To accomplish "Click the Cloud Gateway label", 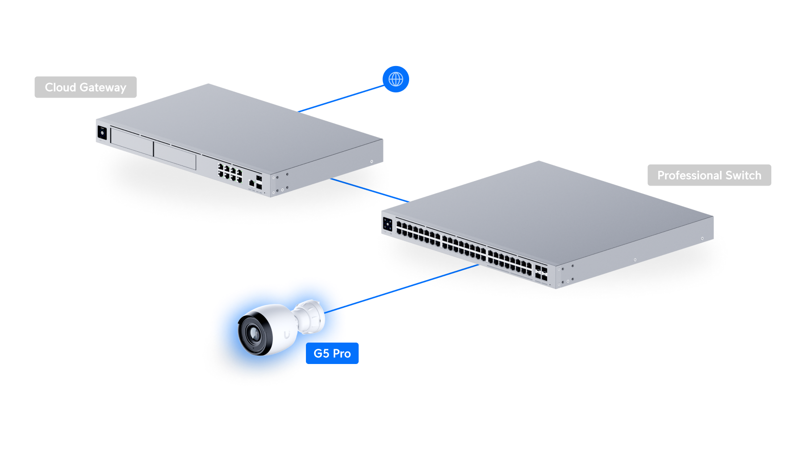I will [x=85, y=87].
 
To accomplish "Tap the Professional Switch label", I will [x=709, y=175].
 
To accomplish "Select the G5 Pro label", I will [x=332, y=354].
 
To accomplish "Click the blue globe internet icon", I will [x=396, y=79].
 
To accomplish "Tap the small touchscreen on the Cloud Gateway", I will [x=102, y=133].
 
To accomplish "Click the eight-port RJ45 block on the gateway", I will [x=230, y=172].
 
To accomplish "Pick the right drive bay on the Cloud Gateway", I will [x=175, y=154].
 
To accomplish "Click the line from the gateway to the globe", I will [x=342, y=99].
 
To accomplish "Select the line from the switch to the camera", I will [x=411, y=285].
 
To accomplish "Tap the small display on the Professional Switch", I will [x=387, y=224].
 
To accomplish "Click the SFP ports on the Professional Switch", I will [x=541, y=273].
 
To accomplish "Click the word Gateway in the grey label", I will [x=103, y=87].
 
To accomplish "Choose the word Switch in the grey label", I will [x=743, y=175].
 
